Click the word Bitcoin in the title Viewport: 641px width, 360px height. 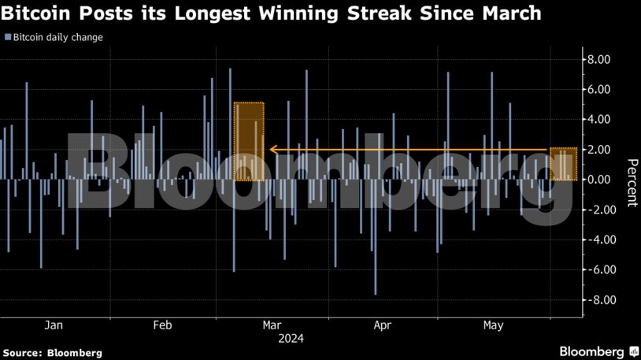[39, 14]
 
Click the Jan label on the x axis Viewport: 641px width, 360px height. [53, 325]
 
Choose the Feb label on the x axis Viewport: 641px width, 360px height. [161, 325]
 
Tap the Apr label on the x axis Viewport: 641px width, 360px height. [382, 325]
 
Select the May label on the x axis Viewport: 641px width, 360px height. [493, 325]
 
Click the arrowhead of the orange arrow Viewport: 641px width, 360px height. [273, 149]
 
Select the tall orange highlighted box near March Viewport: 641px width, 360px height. [249, 142]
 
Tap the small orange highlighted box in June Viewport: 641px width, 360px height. [564, 164]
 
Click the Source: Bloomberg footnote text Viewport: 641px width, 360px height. [53, 353]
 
